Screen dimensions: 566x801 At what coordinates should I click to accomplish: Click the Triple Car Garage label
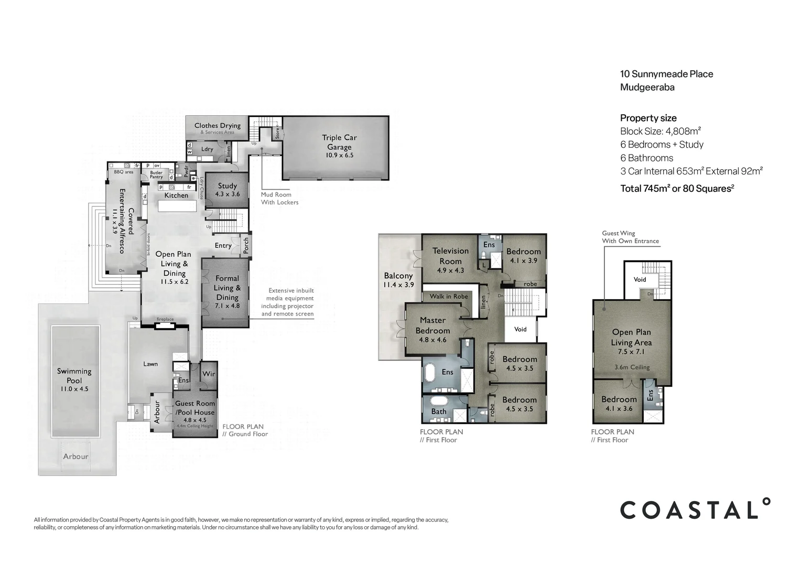(339, 143)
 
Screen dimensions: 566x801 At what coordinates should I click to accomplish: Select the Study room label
(228, 186)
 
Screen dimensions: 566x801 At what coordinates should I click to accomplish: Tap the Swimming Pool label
(74, 376)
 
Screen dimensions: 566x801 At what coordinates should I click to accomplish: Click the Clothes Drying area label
(218, 126)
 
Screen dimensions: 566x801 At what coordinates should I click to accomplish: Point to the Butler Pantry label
(156, 175)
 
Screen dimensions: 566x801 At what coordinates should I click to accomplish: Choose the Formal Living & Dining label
(226, 288)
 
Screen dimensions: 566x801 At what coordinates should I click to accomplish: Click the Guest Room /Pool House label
(195, 408)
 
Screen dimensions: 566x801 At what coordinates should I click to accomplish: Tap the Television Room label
(450, 256)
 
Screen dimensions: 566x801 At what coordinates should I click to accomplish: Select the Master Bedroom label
(432, 325)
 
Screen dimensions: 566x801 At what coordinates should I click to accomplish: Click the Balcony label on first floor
(398, 276)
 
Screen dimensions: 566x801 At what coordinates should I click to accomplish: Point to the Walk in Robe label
(449, 297)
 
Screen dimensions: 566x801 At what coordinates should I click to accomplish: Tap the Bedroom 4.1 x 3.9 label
(523, 252)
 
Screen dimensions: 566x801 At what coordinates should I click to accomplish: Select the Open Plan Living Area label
(631, 337)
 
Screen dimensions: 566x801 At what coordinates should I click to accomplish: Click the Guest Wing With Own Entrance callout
(630, 237)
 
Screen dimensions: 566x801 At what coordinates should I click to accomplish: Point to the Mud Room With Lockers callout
(279, 198)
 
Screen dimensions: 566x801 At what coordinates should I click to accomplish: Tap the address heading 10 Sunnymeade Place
(666, 74)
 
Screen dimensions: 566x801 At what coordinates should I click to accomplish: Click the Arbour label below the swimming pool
(75, 456)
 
